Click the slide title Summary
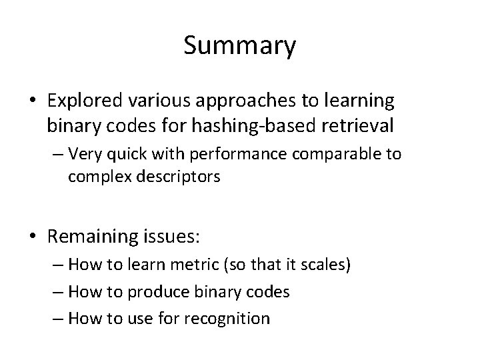[239, 47]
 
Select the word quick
[123, 155]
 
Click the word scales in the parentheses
[322, 265]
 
